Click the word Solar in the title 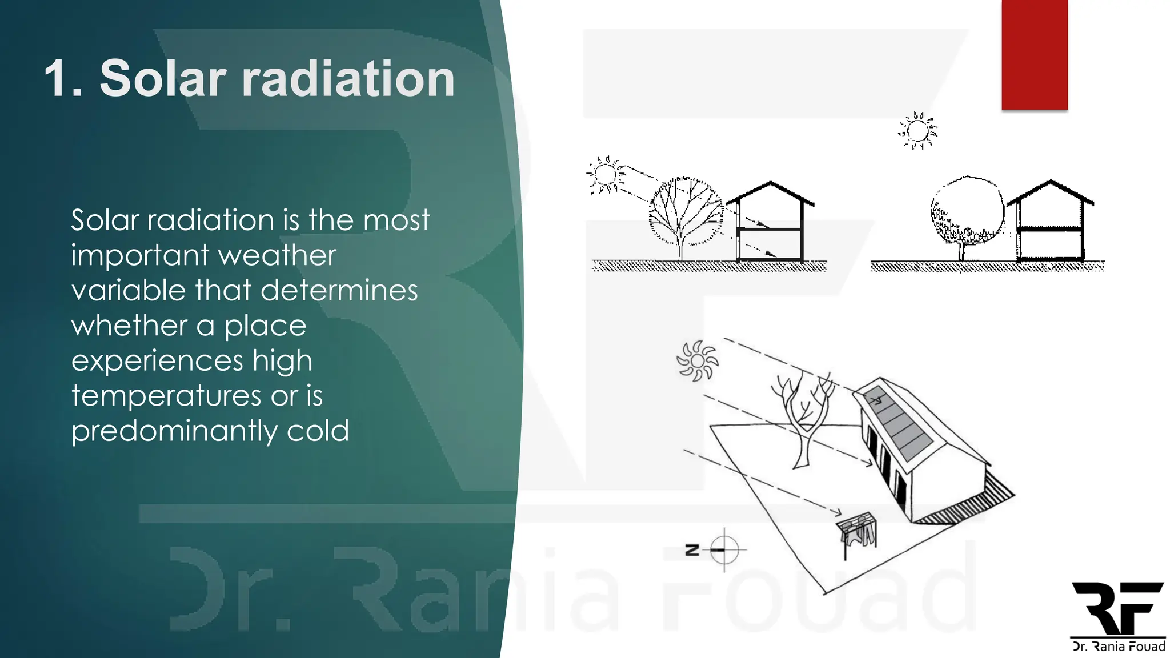pos(163,78)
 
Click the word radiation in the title pos(348,78)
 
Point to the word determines pos(339,291)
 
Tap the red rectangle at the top pos(1034,54)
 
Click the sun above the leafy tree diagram pos(917,131)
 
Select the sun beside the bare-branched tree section pos(605,174)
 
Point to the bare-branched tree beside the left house pos(684,214)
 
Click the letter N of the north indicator pos(692,550)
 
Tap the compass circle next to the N pos(724,550)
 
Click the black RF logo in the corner pos(1117,608)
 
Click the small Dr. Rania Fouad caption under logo pos(1118,647)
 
